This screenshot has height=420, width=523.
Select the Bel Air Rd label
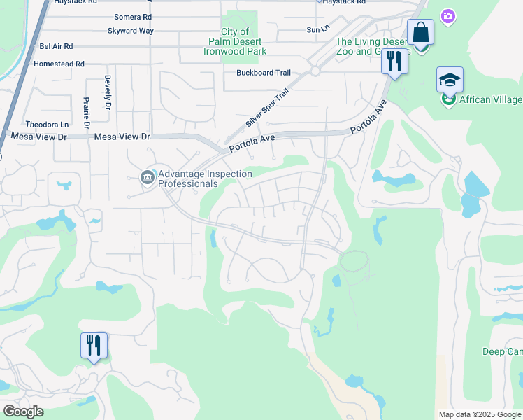click(x=56, y=47)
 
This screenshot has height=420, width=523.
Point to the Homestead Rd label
click(x=59, y=64)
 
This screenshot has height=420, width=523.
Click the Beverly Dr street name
click(x=108, y=92)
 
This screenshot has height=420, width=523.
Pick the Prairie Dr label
click(x=87, y=112)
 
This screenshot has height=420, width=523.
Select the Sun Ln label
click(x=317, y=30)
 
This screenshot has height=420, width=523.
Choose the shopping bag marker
click(x=420, y=33)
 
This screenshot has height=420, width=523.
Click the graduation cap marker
click(x=450, y=80)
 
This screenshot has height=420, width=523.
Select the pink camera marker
click(x=448, y=15)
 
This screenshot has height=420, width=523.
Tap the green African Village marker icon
click(x=448, y=100)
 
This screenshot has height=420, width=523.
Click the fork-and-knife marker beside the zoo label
click(x=394, y=62)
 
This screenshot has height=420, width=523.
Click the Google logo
click(x=23, y=412)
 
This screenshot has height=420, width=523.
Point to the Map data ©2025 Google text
click(x=479, y=414)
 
